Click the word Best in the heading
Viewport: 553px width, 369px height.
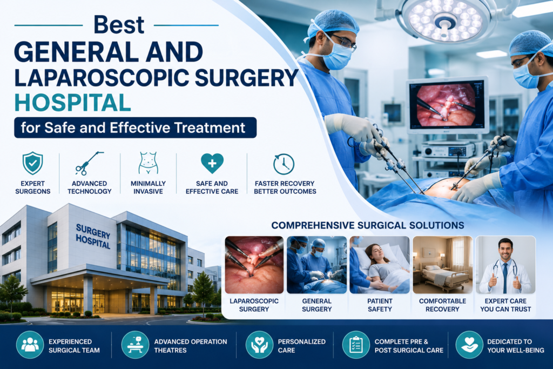(x=119, y=25)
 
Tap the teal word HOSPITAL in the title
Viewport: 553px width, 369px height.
(x=73, y=103)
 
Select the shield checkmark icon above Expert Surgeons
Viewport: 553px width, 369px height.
(x=33, y=163)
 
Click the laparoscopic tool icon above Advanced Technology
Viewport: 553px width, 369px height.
(x=89, y=163)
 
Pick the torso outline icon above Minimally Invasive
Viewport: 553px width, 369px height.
(x=148, y=163)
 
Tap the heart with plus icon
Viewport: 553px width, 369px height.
(x=212, y=163)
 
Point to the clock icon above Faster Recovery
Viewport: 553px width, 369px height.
(x=284, y=164)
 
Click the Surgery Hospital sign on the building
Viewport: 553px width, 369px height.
(x=93, y=236)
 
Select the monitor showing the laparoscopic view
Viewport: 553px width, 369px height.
(x=447, y=105)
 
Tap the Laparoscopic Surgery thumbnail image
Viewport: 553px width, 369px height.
(x=254, y=265)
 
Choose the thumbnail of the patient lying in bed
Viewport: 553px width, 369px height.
(x=380, y=265)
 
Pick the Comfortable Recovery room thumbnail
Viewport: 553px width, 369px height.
(x=443, y=265)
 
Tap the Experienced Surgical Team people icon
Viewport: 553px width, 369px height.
(x=30, y=345)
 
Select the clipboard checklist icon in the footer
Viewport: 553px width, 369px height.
(x=356, y=345)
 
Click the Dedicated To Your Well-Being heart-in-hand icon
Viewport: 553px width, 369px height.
(x=469, y=345)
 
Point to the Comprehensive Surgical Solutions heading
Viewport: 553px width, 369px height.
(x=367, y=225)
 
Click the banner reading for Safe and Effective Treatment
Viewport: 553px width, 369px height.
(x=136, y=128)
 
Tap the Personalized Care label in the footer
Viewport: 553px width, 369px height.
(x=301, y=346)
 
